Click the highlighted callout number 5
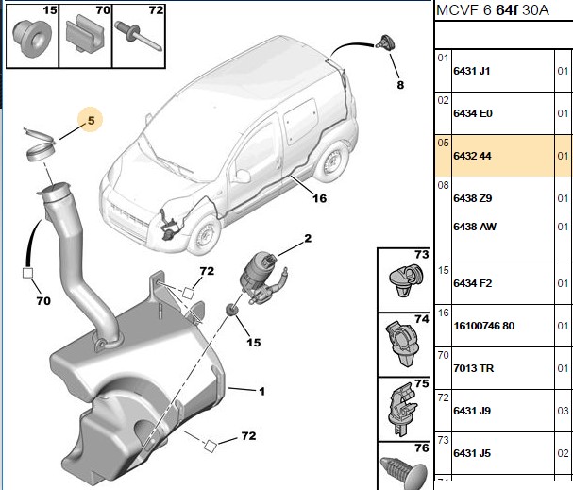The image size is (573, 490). click(91, 120)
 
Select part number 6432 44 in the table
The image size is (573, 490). click(472, 156)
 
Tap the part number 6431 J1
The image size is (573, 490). click(471, 71)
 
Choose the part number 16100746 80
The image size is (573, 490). click(484, 326)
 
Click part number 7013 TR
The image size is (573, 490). click(474, 368)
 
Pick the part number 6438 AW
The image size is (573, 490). click(475, 227)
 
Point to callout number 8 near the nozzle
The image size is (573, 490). click(400, 85)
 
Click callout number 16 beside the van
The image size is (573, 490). click(319, 198)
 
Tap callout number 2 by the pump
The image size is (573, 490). click(308, 239)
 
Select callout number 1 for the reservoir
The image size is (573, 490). click(261, 392)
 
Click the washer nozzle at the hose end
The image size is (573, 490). click(384, 43)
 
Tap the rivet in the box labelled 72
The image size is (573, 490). click(138, 36)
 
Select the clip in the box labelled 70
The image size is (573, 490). click(86, 34)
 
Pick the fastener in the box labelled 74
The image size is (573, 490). click(401, 344)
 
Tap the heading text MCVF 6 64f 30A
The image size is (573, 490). click(492, 10)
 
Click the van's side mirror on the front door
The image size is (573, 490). click(242, 176)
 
